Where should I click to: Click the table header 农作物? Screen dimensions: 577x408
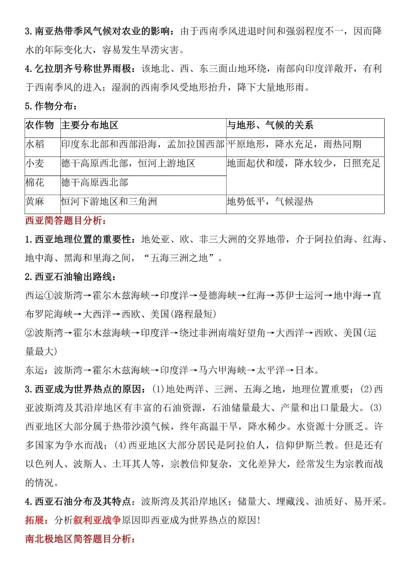(x=40, y=125)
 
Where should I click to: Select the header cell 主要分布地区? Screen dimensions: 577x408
(x=90, y=125)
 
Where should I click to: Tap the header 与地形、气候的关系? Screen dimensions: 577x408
(x=270, y=125)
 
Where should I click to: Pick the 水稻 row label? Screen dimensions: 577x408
(x=35, y=144)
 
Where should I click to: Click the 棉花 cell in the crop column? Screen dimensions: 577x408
(x=35, y=183)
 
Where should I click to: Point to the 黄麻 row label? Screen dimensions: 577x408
(x=35, y=202)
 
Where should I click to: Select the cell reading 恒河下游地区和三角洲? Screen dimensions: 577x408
(x=109, y=202)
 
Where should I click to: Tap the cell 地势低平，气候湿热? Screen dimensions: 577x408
(x=270, y=202)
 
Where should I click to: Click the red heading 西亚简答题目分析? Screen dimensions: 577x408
(x=66, y=220)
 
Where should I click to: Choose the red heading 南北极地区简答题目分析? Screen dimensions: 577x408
(x=80, y=539)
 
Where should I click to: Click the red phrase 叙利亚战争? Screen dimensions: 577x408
(x=97, y=520)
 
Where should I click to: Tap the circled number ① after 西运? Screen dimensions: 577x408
(x=49, y=295)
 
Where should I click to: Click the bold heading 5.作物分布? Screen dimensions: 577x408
(x=51, y=106)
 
